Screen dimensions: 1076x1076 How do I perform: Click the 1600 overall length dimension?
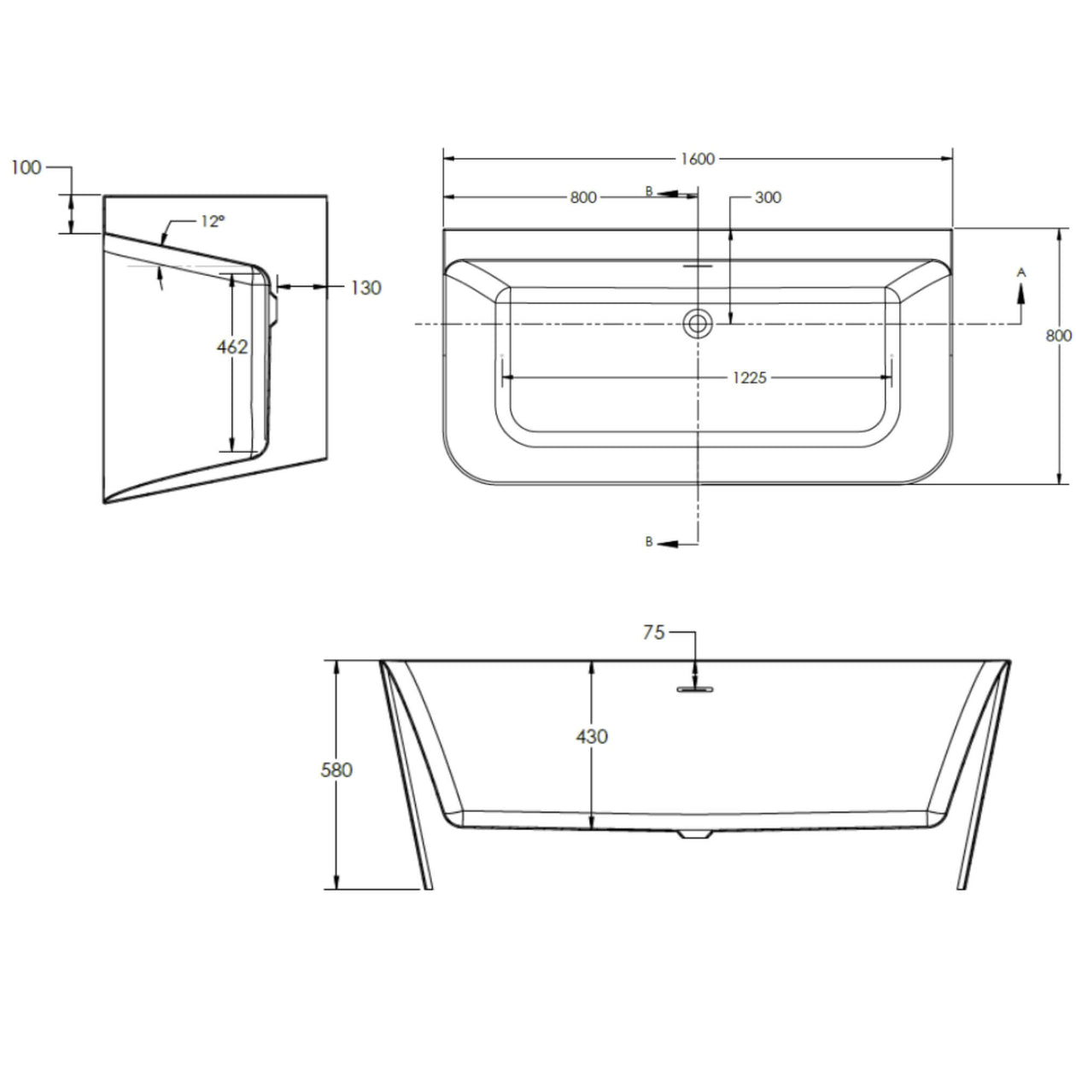click(697, 159)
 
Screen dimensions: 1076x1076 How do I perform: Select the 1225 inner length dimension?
click(749, 377)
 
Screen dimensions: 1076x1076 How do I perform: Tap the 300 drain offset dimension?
click(768, 197)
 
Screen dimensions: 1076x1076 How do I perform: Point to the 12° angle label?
click(213, 221)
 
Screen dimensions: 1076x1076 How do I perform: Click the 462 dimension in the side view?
click(231, 347)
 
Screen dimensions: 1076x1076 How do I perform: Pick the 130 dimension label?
click(365, 288)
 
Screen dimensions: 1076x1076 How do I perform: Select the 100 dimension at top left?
click(26, 167)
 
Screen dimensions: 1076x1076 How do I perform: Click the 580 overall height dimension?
click(336, 769)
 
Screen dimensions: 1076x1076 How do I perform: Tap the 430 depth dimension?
click(592, 735)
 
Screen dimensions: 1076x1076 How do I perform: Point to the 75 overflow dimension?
click(653, 633)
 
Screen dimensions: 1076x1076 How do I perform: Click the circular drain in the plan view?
click(699, 324)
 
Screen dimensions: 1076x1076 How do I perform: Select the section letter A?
click(1020, 272)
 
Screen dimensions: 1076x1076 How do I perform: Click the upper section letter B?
click(649, 192)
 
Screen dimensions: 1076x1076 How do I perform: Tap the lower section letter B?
click(649, 542)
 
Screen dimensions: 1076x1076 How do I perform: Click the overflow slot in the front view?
click(696, 687)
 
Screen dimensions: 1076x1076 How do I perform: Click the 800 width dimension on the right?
click(1058, 336)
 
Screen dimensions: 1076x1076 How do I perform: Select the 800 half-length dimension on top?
click(582, 197)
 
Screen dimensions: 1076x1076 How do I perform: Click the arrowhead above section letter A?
click(1020, 292)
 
